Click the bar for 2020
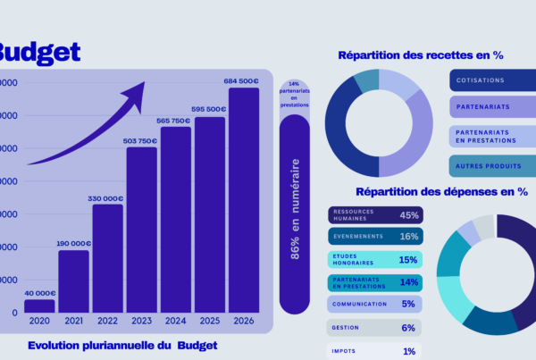[39, 306]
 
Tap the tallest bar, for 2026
[244, 200]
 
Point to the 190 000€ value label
[74, 243]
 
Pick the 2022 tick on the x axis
[107, 321]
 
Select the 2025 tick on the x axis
[210, 321]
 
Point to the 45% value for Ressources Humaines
[409, 215]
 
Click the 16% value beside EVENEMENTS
[409, 237]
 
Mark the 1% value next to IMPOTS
[409, 351]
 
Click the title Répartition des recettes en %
[420, 55]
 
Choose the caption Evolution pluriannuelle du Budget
[122, 345]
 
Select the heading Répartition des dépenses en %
[441, 191]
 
